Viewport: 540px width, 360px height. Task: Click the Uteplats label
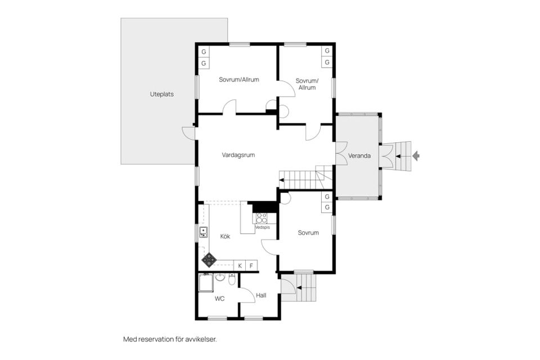pos(161,94)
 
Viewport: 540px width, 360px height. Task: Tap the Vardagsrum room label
pos(238,155)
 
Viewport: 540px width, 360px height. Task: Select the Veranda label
pos(359,156)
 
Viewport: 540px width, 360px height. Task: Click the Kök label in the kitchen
pos(225,236)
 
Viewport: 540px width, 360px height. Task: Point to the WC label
pos(220,298)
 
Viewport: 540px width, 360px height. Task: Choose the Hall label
pos(261,295)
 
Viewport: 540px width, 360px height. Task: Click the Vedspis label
pos(263,227)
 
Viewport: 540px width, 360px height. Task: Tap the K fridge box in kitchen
pos(240,265)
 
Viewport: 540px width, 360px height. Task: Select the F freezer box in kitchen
pos(251,265)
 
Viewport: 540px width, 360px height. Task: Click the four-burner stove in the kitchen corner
pos(209,260)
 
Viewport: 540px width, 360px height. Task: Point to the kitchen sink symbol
pos(204,232)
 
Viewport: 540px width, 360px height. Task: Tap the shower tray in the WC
pos(206,283)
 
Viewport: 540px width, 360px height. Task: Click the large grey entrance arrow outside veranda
pos(416,156)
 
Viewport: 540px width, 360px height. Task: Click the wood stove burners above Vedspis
pos(261,219)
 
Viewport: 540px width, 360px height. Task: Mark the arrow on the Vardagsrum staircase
pos(281,180)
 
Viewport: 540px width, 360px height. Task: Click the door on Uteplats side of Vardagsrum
pos(189,133)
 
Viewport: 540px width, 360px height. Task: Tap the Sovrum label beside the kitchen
pos(308,233)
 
